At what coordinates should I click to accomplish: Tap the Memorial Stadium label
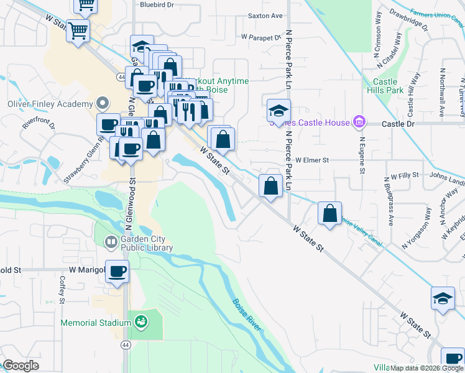pos(96,323)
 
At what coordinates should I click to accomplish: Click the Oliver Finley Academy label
pos(50,104)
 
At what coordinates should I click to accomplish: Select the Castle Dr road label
pos(398,124)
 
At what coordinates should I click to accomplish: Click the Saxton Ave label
pos(265,15)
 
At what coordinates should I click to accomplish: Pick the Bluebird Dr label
pos(156,4)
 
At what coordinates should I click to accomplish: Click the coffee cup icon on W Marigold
pos(117,272)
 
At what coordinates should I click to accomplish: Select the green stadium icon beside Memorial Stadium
pos(141,322)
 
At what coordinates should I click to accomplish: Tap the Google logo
pos(21,366)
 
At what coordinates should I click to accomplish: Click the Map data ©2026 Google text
pos(426,368)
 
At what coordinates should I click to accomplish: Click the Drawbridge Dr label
pos(408,19)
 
